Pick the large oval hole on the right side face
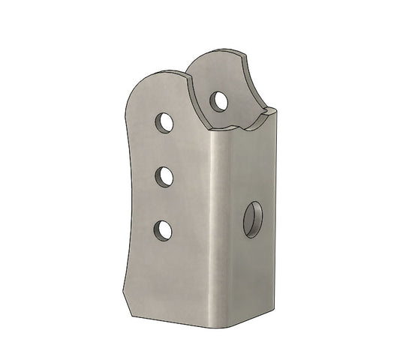253,218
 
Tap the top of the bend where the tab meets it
218,133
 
